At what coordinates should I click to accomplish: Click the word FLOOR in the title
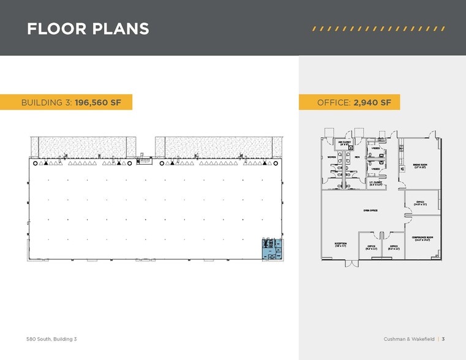click(x=53, y=29)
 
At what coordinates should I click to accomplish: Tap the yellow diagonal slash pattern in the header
click(x=378, y=29)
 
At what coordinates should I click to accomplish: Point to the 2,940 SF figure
click(x=372, y=102)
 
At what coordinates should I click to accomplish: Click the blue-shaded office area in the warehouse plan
click(x=271, y=248)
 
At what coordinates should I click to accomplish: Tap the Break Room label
click(x=420, y=166)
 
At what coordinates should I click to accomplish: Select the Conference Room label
click(x=422, y=239)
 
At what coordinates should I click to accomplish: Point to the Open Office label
click(x=369, y=210)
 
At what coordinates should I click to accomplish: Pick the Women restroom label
click(x=333, y=157)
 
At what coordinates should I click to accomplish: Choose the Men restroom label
click(x=356, y=157)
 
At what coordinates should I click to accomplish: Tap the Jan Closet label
click(x=344, y=143)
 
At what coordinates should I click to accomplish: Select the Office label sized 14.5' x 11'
click(x=420, y=203)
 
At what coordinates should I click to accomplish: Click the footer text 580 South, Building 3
click(x=51, y=339)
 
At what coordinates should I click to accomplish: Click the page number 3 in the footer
click(x=443, y=339)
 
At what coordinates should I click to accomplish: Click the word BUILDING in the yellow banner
click(x=47, y=102)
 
